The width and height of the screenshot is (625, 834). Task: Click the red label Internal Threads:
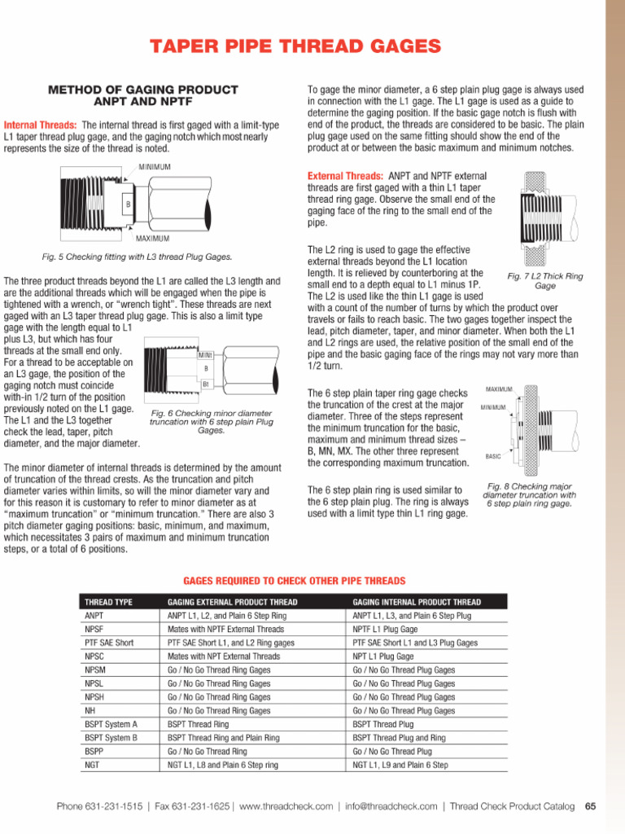[x=41, y=125]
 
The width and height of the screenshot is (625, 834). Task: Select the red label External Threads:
[x=345, y=176]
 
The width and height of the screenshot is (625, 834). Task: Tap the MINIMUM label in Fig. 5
[x=154, y=167]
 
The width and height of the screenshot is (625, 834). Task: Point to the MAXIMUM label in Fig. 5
[x=152, y=239]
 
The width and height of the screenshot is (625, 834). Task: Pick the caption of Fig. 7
[x=544, y=282]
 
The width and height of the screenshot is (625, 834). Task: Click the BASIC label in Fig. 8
[x=493, y=457]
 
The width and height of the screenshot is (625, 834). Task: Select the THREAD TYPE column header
[x=108, y=602]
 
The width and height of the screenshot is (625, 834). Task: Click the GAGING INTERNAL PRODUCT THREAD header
[x=416, y=602]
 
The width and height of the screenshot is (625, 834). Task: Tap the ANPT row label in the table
[x=94, y=616]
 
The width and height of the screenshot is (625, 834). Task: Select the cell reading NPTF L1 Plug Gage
[x=385, y=630]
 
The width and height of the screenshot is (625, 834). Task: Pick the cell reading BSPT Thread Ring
[x=198, y=724]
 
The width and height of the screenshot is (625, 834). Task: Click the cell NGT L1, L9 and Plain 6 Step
[x=400, y=766]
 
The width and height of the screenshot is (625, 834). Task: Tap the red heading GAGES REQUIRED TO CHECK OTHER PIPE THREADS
[x=294, y=581]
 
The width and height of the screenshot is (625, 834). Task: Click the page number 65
[x=590, y=806]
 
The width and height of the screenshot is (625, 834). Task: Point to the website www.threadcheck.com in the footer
[x=286, y=806]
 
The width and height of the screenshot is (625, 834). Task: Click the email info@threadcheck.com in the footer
[x=391, y=806]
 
